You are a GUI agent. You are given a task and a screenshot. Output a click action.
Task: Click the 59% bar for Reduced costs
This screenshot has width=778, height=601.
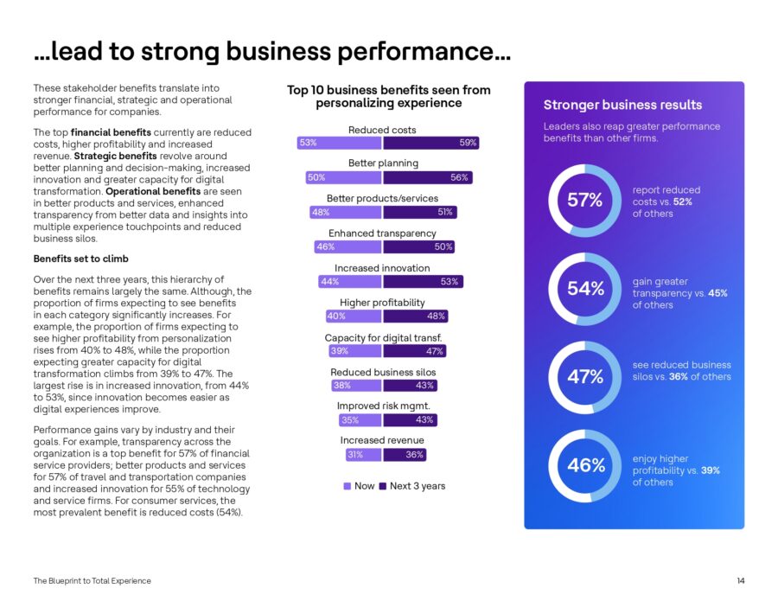click(431, 143)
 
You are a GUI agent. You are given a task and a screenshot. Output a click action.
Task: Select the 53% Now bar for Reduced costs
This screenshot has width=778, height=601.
click(339, 143)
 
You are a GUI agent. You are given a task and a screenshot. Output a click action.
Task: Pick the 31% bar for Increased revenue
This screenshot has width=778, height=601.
click(360, 455)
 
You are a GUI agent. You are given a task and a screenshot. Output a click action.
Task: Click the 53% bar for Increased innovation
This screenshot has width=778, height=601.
click(424, 282)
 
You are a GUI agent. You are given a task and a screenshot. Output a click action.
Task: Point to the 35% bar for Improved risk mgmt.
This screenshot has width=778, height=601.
click(359, 420)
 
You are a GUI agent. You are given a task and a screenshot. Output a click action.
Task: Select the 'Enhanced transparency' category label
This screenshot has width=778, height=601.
click(382, 233)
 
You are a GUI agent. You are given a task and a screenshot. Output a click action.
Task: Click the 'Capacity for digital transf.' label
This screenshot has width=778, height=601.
click(382, 337)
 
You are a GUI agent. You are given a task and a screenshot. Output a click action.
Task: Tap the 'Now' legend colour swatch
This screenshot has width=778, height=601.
click(348, 486)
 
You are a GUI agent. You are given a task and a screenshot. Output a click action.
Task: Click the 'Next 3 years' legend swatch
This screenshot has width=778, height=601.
click(383, 486)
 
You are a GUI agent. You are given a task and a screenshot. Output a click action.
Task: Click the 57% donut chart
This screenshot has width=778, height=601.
click(585, 201)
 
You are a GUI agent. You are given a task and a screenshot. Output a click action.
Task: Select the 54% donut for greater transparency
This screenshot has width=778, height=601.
click(585, 290)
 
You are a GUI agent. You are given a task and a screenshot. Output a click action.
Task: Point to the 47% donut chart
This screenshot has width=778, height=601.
click(585, 377)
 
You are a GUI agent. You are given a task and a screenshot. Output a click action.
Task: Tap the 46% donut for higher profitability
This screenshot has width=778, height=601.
click(585, 466)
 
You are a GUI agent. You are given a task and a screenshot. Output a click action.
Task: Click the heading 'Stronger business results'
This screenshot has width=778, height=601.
click(622, 105)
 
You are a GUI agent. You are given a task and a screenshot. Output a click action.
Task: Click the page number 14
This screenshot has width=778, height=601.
click(741, 580)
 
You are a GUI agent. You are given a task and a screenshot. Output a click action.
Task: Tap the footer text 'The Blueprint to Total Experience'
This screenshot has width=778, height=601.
click(92, 580)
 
